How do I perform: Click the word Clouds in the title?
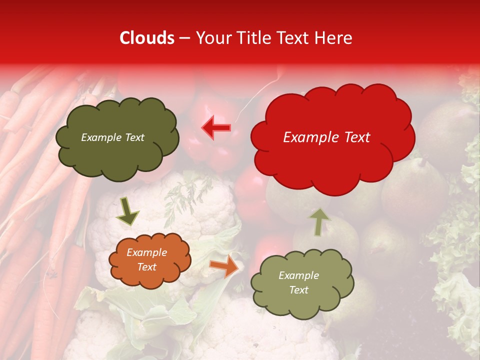pyautogui.click(x=147, y=38)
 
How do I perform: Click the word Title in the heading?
pyautogui.click(x=252, y=38)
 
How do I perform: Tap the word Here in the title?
pyautogui.click(x=333, y=38)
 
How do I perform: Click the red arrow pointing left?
pyautogui.click(x=217, y=128)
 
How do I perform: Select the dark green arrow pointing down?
pyautogui.click(x=127, y=211)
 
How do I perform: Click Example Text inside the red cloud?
pyautogui.click(x=326, y=137)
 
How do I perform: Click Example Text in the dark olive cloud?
pyautogui.click(x=112, y=137)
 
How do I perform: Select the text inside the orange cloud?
pyautogui.click(x=146, y=259)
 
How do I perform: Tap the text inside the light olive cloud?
pyautogui.click(x=298, y=282)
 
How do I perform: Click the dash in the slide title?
pyautogui.click(x=184, y=38)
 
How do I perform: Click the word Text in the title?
pyautogui.click(x=294, y=38)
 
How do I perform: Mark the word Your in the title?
pyautogui.click(x=213, y=38)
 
